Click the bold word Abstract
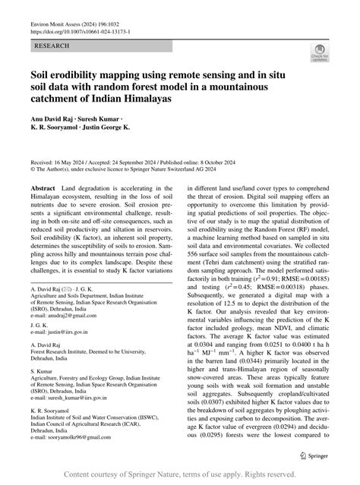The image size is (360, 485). click(x=43, y=187)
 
